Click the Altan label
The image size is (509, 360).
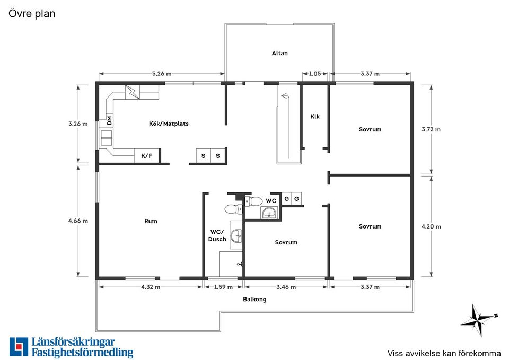[279, 53]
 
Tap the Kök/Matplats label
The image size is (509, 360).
[169, 124]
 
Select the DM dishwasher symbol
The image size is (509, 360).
[109, 120]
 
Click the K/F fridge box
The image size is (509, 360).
[147, 156]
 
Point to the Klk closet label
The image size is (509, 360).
[315, 116]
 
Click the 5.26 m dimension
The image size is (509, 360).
[162, 74]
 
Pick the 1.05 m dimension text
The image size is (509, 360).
[314, 74]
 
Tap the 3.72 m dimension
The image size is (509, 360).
[431, 129]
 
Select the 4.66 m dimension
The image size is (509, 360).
[78, 221]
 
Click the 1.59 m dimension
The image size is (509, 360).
[223, 287]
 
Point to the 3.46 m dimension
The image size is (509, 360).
[286, 287]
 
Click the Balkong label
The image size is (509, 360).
[254, 299]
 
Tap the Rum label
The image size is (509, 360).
[151, 221]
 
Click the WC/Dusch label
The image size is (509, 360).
[217, 235]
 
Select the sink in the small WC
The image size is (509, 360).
[269, 213]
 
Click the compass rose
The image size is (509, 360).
[479, 320]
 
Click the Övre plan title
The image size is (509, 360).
[32, 14]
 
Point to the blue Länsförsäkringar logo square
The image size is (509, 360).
[19, 347]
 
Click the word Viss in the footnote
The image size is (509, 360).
[394, 353]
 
